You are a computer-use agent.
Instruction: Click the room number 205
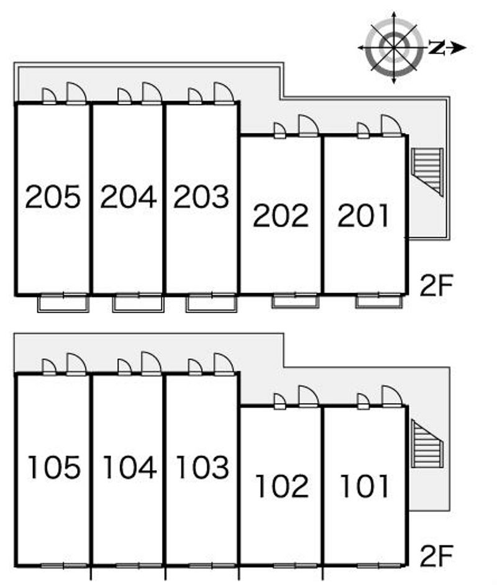tap(53, 197)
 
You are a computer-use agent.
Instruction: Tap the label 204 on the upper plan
tap(128, 197)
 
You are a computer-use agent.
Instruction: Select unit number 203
tap(201, 197)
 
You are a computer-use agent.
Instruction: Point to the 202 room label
tap(281, 215)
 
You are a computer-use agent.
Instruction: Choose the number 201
tap(364, 215)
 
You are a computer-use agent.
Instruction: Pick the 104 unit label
tap(129, 467)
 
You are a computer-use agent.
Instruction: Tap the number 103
tap(202, 467)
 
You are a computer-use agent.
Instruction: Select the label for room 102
tap(281, 486)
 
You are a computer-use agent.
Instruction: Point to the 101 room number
tap(365, 486)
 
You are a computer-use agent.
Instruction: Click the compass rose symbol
tap(393, 47)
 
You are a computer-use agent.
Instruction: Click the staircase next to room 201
tap(428, 170)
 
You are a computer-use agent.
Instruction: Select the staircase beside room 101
tap(428, 442)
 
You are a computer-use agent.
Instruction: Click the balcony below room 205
tap(63, 303)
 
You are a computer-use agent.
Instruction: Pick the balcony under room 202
tap(295, 302)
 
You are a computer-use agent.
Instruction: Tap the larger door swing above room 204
tap(151, 93)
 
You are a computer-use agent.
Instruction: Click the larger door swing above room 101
tap(391, 396)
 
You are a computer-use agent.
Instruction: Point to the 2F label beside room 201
tap(437, 286)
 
